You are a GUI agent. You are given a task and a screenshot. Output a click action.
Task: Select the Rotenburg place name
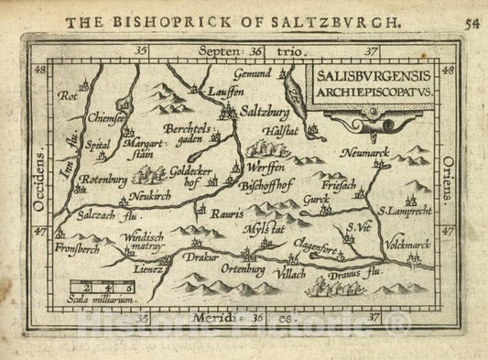[x=102, y=180]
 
